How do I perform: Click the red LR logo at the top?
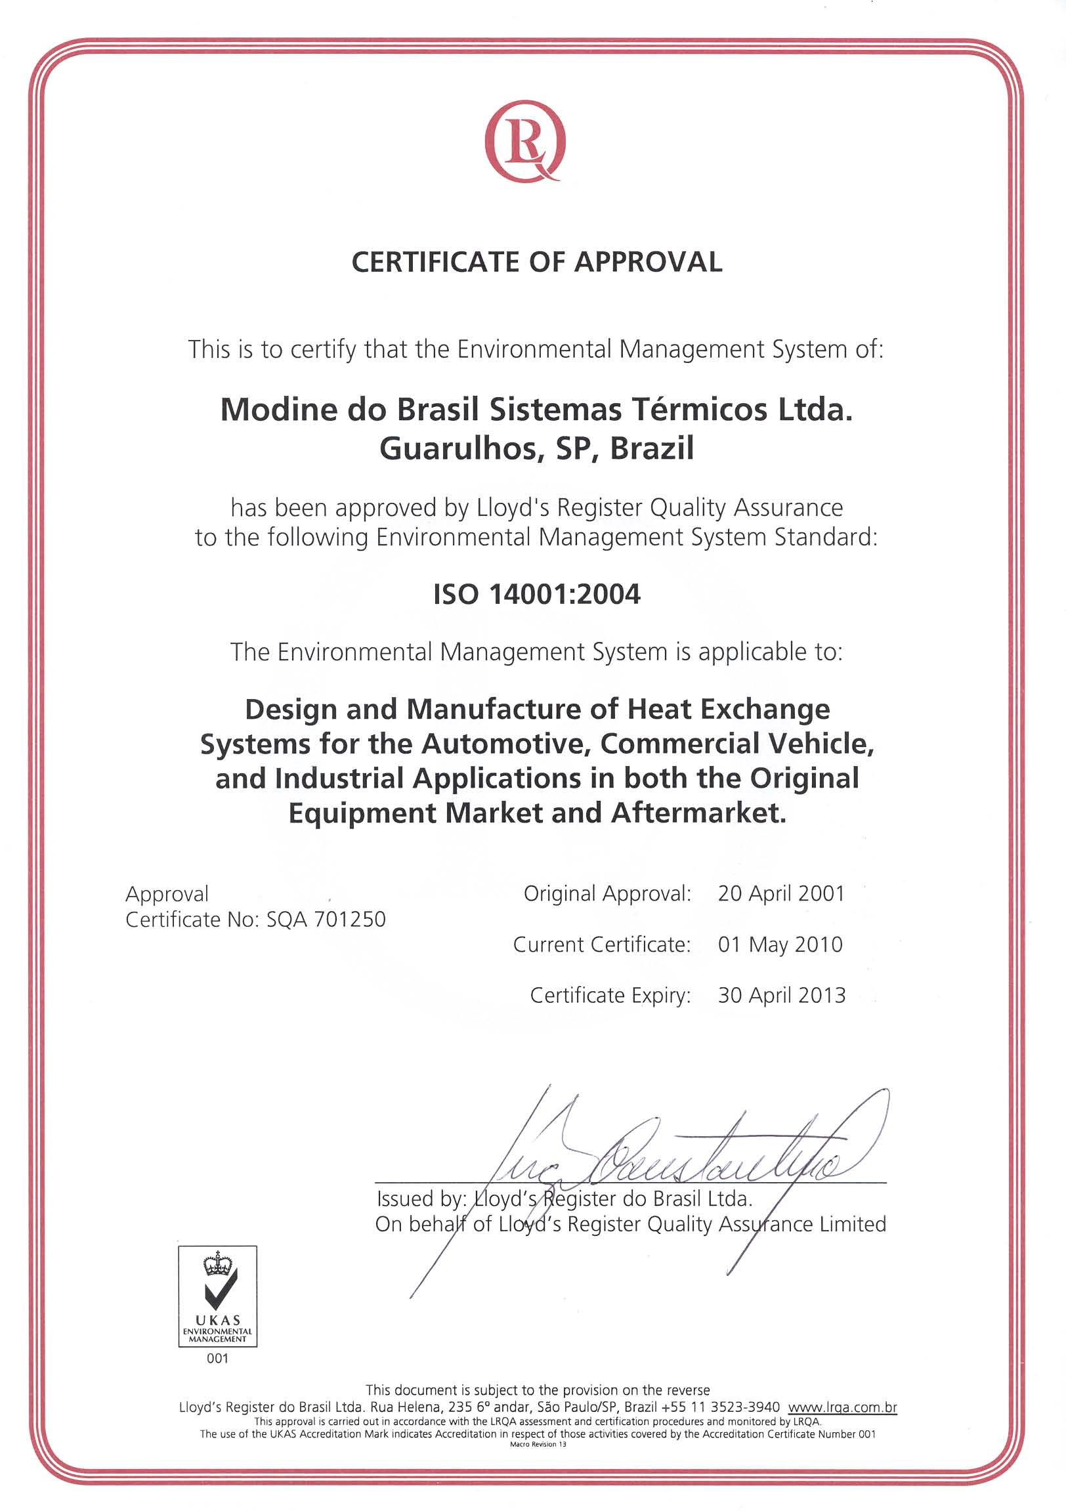tap(524, 140)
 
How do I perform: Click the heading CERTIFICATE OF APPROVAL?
tap(536, 262)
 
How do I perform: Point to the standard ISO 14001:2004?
tap(536, 594)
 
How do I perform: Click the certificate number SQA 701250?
tap(326, 920)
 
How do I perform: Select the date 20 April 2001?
tap(781, 893)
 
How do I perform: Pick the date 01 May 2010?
tap(780, 945)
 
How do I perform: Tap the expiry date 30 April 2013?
tap(781, 995)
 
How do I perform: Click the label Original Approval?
tap(607, 893)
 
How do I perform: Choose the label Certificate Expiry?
tap(610, 995)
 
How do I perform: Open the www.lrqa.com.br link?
tap(842, 1408)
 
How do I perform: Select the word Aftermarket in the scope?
tap(698, 813)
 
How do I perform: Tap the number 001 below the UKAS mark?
tap(217, 1358)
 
